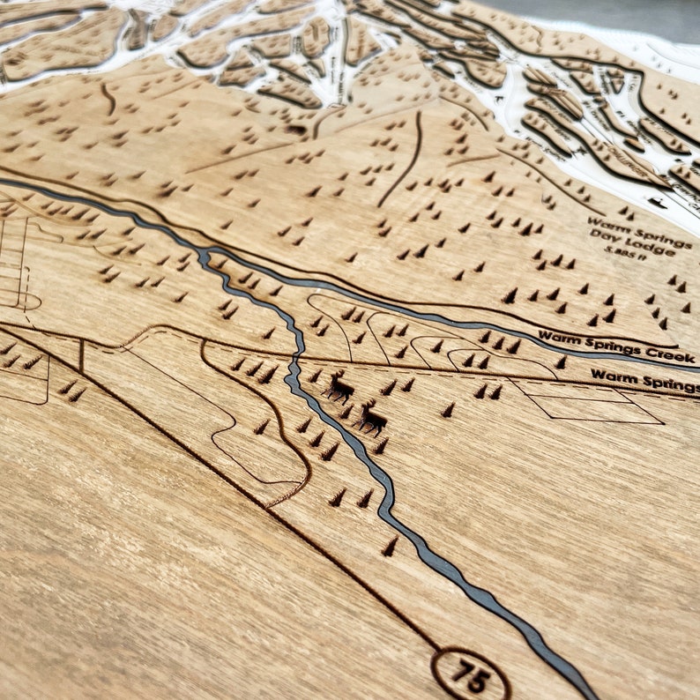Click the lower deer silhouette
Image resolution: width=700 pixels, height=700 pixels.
pos(371,419)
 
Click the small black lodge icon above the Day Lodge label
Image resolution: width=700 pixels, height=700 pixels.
pos(658,202)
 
